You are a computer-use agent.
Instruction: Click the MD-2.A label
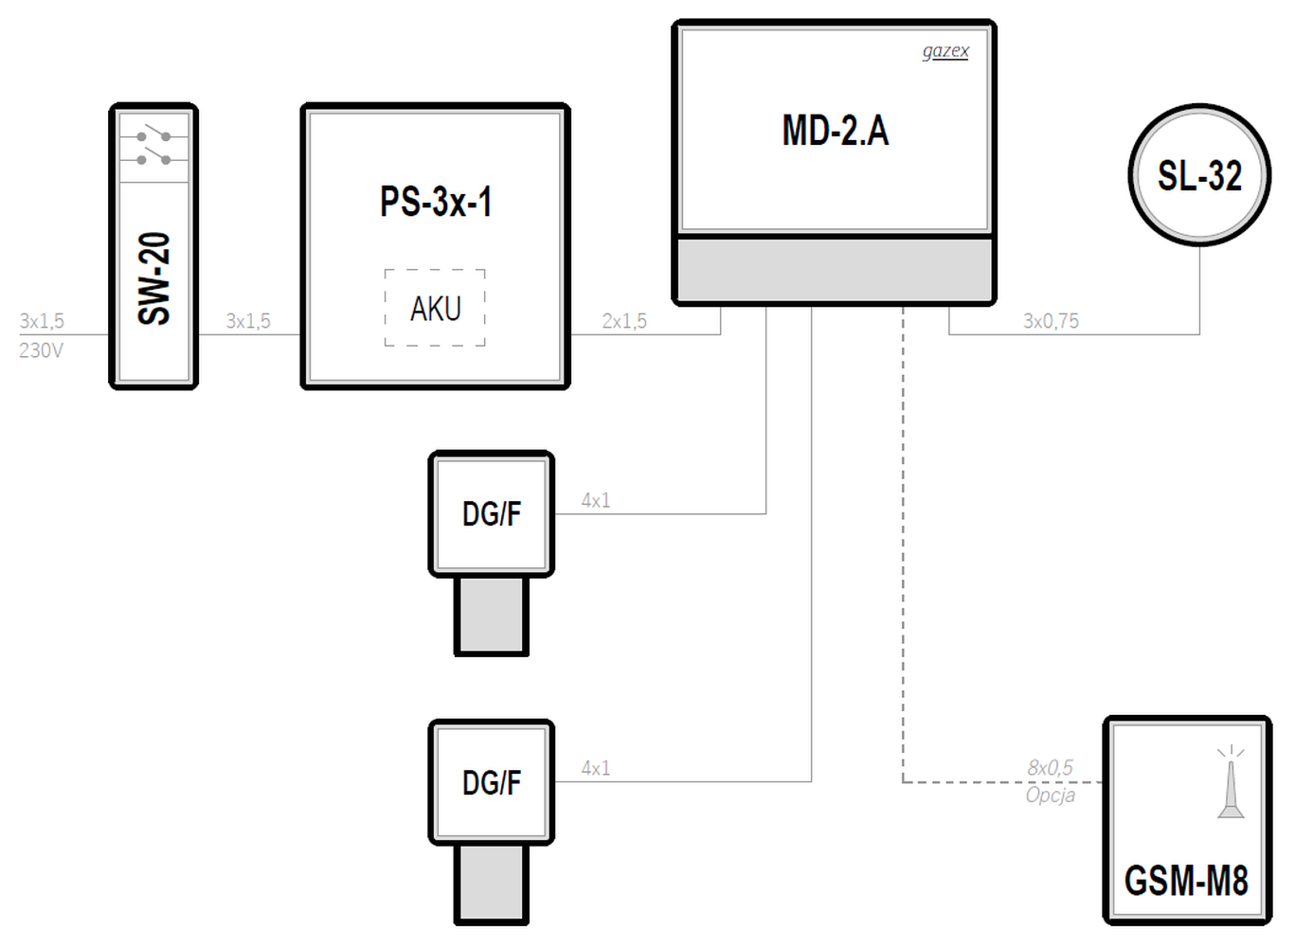[x=836, y=131]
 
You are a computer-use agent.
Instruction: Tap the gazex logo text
[x=945, y=51]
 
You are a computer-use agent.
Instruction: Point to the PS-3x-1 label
[x=436, y=202]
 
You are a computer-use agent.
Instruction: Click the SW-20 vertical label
[x=154, y=278]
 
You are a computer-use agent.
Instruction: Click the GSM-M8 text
[x=1186, y=881]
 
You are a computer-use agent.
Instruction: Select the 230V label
[x=41, y=350]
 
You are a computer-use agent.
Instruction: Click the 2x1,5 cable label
[x=624, y=321]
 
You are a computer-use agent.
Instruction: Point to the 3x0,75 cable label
[x=1051, y=321]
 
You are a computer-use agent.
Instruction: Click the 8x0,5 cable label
[x=1050, y=768]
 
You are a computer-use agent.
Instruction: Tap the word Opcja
[x=1051, y=795]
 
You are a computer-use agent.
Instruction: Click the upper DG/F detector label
[x=492, y=513]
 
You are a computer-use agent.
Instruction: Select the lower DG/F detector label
[x=492, y=783]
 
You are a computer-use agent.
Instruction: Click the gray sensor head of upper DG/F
[x=492, y=616]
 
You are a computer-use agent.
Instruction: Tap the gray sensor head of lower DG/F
[x=492, y=884]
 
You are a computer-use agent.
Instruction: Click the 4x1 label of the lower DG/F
[x=596, y=768]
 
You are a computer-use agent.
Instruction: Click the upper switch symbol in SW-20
[x=153, y=134]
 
